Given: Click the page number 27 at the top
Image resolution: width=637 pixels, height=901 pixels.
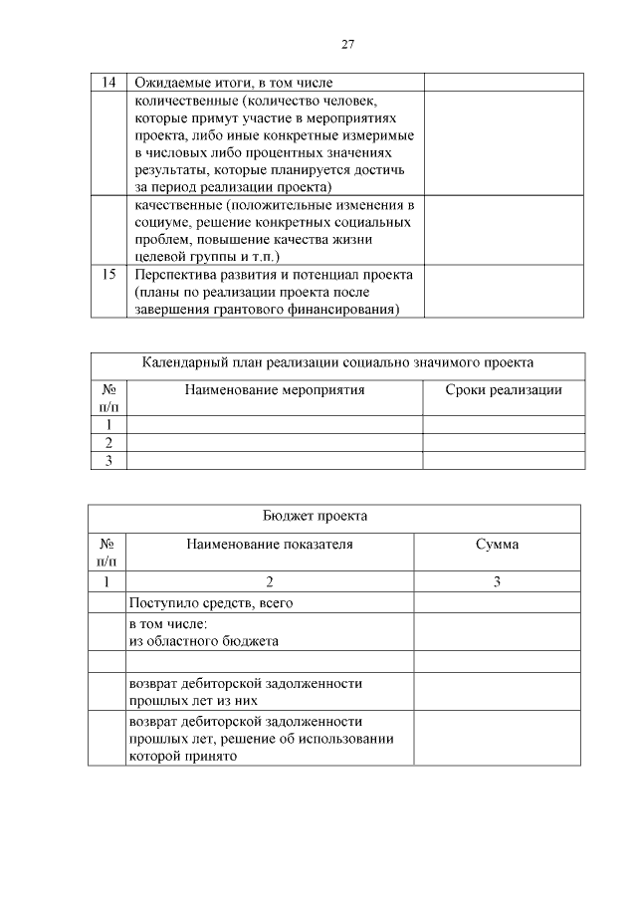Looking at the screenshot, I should (x=347, y=44).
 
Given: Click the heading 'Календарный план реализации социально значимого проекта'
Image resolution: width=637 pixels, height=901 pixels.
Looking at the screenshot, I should (x=337, y=362).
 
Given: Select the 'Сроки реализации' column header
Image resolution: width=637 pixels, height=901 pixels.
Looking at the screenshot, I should (x=503, y=389).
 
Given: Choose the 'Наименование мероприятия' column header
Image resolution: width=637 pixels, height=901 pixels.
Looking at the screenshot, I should (x=275, y=389).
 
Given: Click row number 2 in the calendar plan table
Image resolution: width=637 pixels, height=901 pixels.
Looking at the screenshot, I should (x=108, y=442).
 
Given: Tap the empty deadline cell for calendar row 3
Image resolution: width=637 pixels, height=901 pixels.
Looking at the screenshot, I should (x=503, y=460).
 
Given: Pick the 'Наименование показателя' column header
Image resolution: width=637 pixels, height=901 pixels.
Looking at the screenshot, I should (x=269, y=545).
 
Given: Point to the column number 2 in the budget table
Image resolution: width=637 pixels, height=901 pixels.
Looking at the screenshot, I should (x=269, y=582).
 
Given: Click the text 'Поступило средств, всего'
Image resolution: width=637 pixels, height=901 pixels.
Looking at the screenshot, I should (x=210, y=602).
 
